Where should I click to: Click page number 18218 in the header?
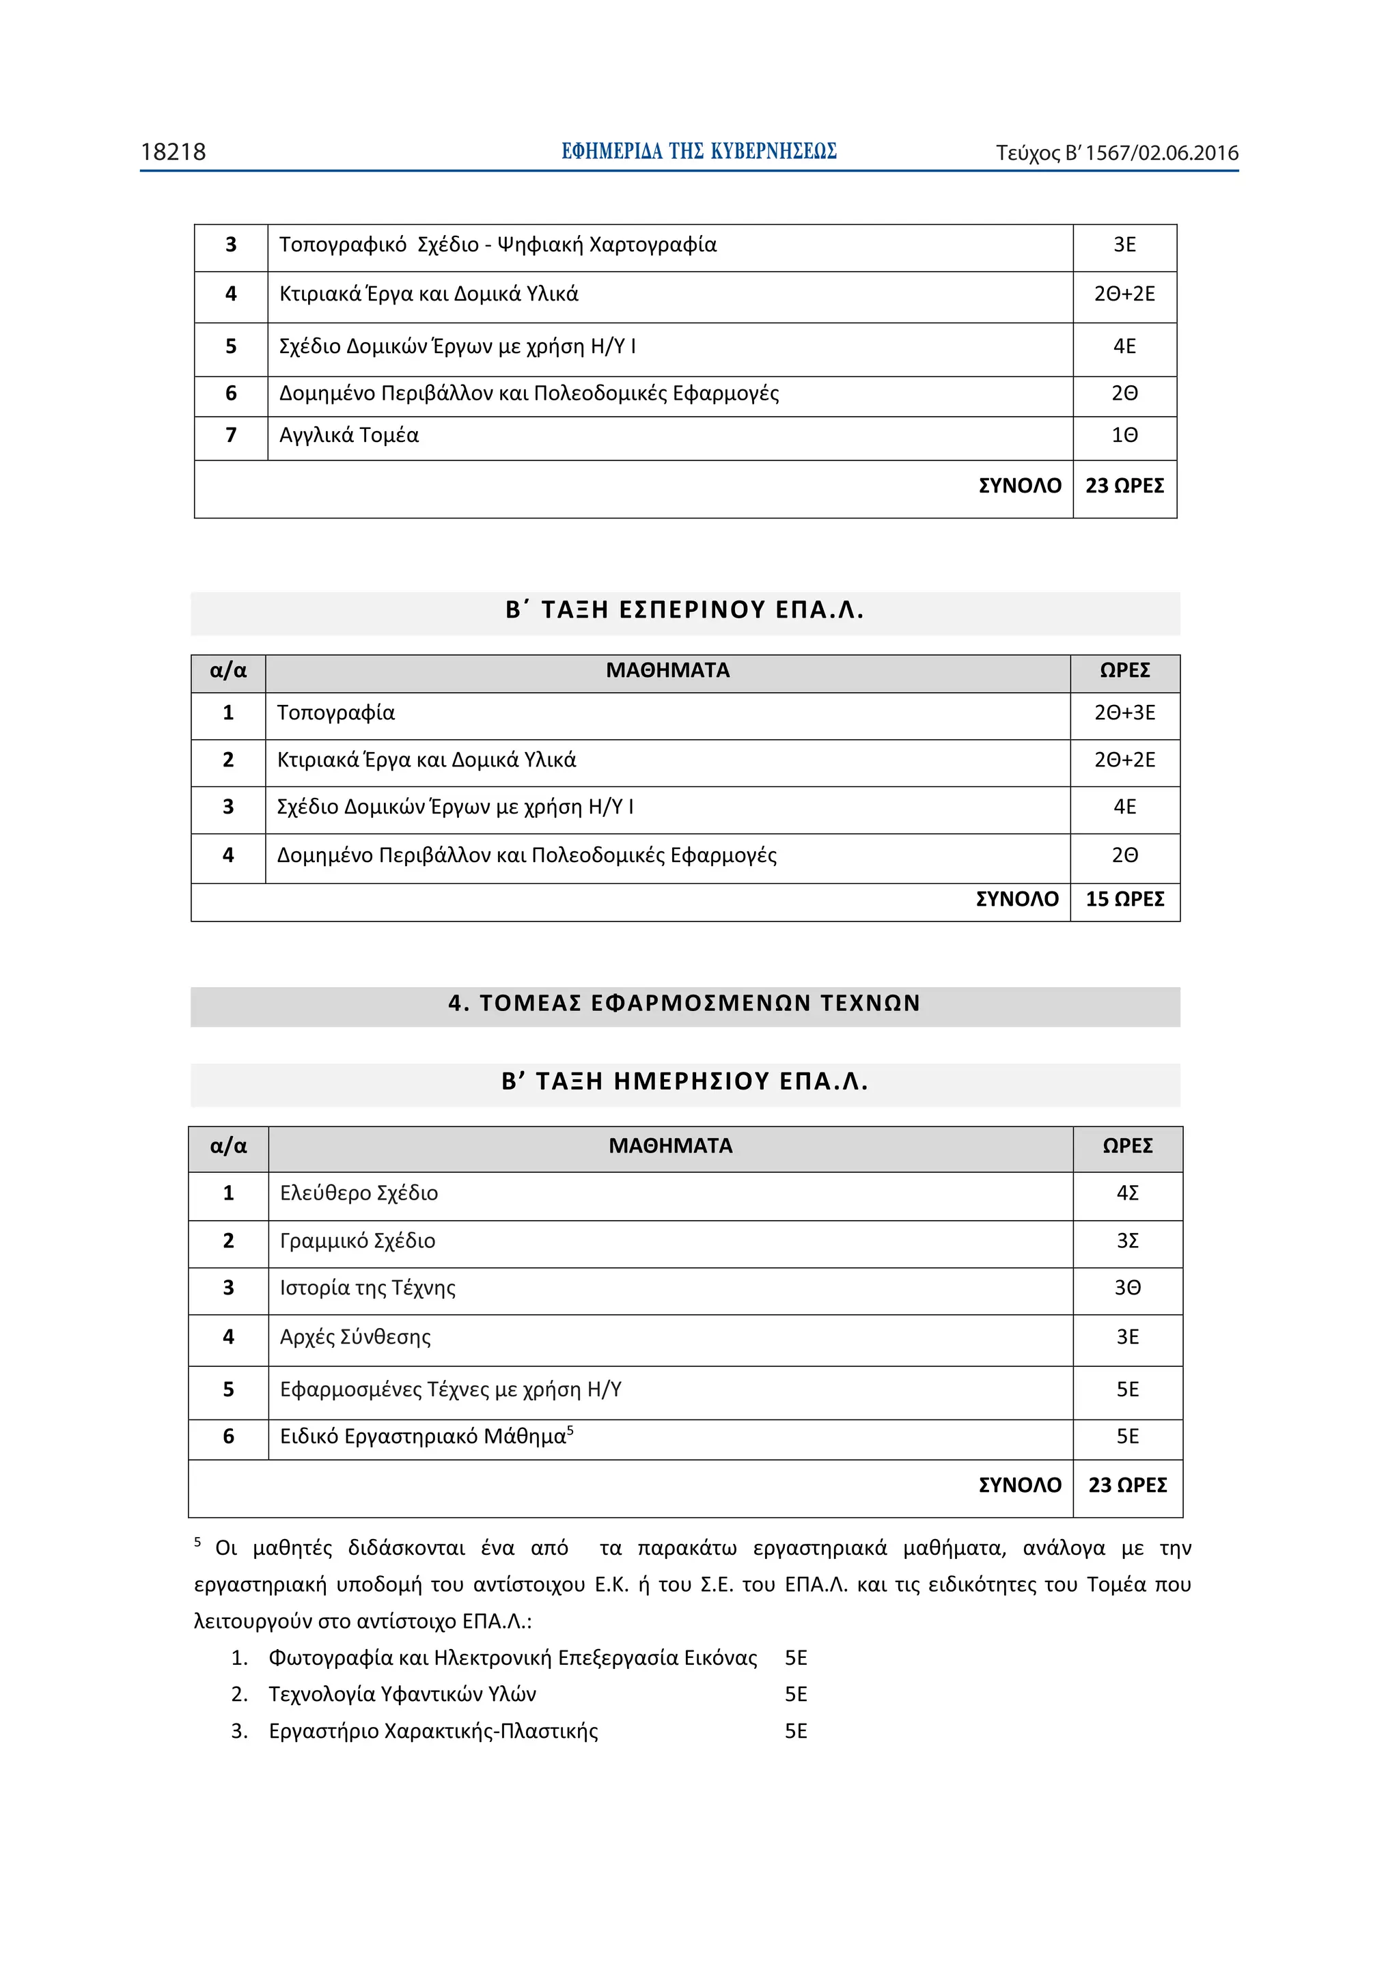174,152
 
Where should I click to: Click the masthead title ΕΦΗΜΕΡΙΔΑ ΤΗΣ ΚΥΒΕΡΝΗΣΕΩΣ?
698,152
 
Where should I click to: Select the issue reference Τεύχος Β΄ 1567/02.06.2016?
1116,154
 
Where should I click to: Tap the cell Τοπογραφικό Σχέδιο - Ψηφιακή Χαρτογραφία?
497,245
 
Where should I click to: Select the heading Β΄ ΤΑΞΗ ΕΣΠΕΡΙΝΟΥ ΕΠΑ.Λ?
684,610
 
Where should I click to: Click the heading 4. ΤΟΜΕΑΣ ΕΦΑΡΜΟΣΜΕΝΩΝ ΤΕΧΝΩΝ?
684,1004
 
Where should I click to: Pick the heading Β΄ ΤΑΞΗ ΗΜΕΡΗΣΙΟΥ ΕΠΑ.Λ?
684,1082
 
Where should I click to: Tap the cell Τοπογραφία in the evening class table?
335,712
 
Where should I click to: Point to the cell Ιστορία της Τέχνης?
368,1288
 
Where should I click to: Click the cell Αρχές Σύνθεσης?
355,1337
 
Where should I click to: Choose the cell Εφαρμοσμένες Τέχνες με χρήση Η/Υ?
450,1389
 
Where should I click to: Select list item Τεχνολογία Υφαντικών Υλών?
402,1695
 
